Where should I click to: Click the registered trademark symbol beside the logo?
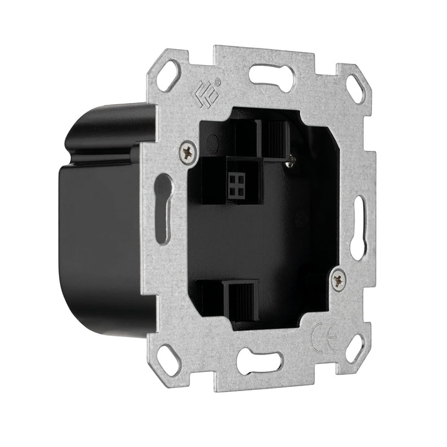219,82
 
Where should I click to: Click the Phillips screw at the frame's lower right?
339,278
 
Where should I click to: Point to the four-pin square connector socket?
237,185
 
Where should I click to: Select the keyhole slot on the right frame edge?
359,227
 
